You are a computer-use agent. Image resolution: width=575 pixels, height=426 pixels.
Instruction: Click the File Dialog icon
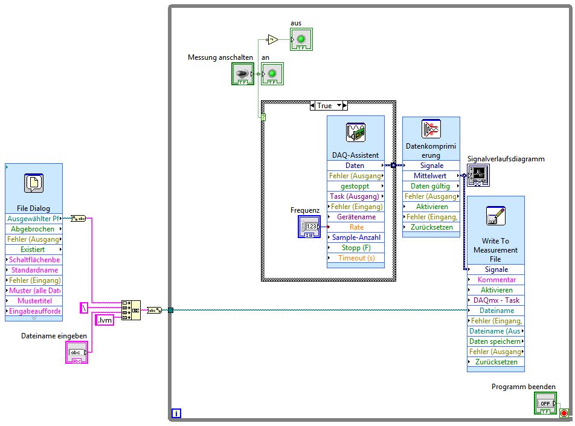[34, 184]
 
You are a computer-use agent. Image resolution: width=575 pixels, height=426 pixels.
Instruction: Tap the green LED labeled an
[272, 74]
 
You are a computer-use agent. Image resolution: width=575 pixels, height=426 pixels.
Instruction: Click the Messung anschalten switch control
[242, 74]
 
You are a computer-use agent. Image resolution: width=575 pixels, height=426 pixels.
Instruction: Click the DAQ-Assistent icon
[355, 132]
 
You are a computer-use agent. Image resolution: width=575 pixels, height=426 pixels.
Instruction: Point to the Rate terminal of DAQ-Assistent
[356, 227]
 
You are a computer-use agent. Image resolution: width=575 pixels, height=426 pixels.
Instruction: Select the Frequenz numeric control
[309, 227]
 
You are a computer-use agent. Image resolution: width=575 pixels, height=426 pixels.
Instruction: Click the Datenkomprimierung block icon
[431, 129]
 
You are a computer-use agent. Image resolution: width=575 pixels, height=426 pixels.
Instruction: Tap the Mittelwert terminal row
[431, 176]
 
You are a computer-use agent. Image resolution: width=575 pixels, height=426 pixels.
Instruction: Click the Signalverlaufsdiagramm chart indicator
[478, 175]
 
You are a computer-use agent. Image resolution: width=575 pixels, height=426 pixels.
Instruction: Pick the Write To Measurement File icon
[495, 216]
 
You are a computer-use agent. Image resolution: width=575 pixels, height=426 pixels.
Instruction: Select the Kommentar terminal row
[496, 280]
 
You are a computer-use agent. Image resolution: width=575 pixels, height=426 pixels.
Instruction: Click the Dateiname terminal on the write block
[496, 311]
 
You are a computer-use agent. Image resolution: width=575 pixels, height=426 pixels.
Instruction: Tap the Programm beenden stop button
[545, 403]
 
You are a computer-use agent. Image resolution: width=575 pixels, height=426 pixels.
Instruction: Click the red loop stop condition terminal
[564, 413]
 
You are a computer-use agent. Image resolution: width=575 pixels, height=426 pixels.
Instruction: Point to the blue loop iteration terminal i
[176, 413]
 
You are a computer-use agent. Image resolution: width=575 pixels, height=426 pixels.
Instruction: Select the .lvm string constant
[104, 320]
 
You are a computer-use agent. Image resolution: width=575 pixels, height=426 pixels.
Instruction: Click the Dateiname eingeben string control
[77, 352]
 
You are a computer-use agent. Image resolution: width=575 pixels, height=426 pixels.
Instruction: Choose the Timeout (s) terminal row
[356, 258]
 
